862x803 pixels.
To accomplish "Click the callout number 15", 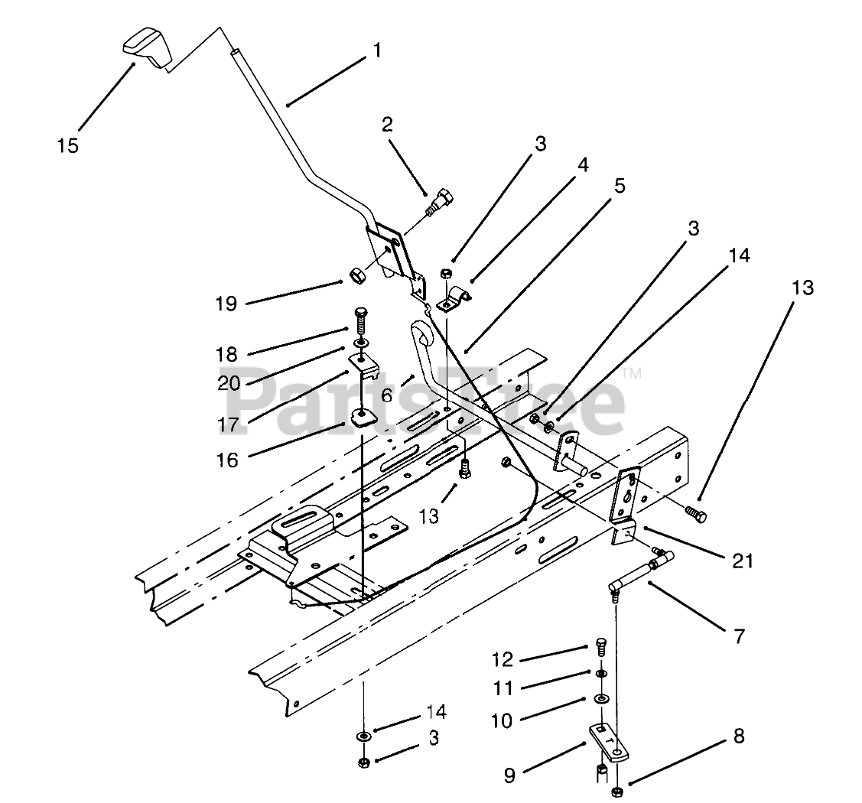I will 67,145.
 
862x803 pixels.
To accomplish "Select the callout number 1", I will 376,50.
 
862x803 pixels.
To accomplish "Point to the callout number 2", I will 388,125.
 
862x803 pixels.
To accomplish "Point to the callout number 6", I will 387,395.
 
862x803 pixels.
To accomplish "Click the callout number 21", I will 741,561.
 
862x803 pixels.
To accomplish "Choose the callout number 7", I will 738,636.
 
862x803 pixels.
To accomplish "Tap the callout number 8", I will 737,736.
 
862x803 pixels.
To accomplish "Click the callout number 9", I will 510,775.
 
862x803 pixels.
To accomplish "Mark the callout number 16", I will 227,460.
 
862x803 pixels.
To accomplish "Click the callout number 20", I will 228,383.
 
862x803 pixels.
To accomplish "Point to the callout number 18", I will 227,354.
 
